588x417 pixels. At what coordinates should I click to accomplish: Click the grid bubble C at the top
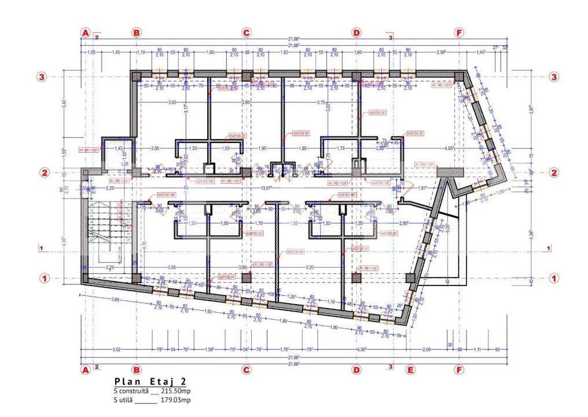[246, 33]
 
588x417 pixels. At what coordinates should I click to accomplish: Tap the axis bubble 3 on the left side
[42, 76]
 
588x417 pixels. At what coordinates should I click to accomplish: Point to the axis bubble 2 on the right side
[554, 173]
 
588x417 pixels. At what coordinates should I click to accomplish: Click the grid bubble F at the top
[460, 33]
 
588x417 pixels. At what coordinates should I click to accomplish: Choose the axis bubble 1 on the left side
[42, 278]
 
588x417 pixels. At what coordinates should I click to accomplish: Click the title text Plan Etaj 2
[150, 382]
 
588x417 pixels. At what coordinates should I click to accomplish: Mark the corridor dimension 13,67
[267, 188]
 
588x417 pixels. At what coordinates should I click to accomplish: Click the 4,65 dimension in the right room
[448, 149]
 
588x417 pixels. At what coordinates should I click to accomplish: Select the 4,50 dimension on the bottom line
[362, 349]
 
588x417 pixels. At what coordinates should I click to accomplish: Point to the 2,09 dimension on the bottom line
[427, 349]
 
